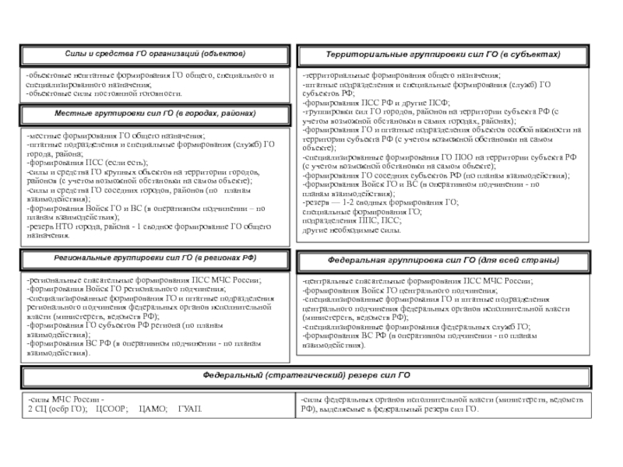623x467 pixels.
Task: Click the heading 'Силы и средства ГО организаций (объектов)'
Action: point(155,54)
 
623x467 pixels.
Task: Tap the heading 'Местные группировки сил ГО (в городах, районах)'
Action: point(155,114)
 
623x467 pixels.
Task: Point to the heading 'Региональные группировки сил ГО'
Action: point(155,257)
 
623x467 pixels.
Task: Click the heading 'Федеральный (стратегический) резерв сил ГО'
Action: point(307,375)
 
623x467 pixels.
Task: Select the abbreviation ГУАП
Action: point(190,409)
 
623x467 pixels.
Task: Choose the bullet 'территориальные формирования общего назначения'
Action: point(402,75)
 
